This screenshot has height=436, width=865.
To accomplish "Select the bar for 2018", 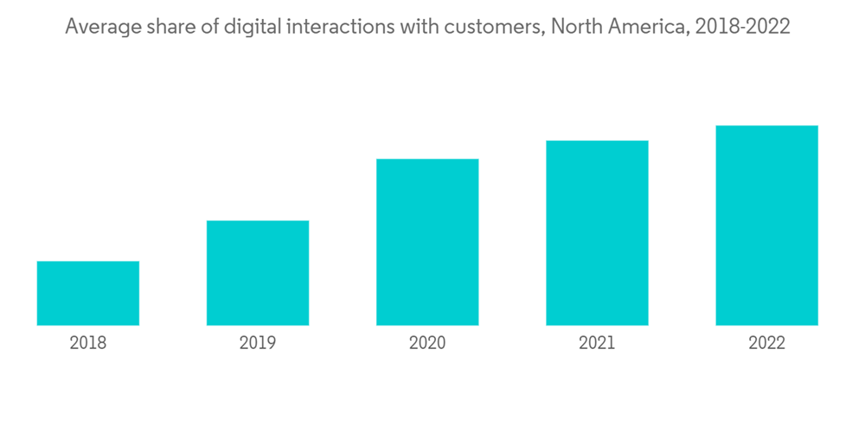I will pos(88,293).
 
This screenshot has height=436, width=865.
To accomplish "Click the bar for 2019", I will pos(258,272).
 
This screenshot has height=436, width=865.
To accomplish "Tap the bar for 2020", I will pos(427,242).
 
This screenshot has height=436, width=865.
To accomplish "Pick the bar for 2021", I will pos(597,233).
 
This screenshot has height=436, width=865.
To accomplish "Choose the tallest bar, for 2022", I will pos(766,226).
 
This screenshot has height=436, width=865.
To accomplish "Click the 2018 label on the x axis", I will pos(88,343).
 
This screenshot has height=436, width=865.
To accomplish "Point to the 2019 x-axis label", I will pos(258,343).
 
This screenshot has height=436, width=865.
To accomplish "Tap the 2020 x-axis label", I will pos(427,343).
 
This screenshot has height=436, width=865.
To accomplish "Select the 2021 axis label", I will pos(597,343).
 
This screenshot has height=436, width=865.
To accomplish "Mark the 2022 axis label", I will pos(766,343).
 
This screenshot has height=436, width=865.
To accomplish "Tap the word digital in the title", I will pos(252,27).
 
